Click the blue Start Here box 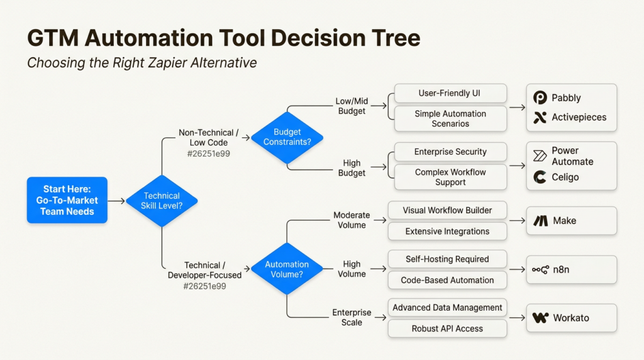coord(67,200)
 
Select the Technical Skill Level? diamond coord(162,201)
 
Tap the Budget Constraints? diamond coord(287,137)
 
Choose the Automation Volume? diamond coord(287,269)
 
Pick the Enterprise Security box coord(450,152)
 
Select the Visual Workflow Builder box coord(447,210)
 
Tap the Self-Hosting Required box coord(447,259)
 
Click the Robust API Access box coord(447,329)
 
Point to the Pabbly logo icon coord(540,98)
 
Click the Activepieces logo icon coord(540,118)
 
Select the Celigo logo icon coord(540,177)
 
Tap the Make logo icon coord(540,221)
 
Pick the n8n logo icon coord(540,270)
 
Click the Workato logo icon coord(540,318)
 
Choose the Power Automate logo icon coord(540,156)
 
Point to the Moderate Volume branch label coord(352,220)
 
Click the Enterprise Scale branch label coord(352,318)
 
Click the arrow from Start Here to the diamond coord(116,201)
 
